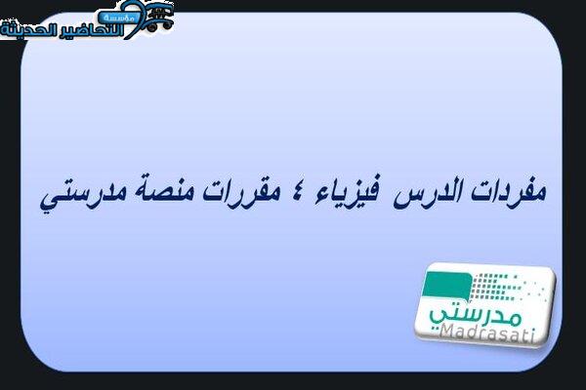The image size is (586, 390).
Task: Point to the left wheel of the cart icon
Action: point(151,27)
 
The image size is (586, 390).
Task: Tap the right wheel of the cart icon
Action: point(167,24)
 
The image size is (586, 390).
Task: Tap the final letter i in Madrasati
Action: point(531,336)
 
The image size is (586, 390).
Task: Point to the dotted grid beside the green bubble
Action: point(508,288)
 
